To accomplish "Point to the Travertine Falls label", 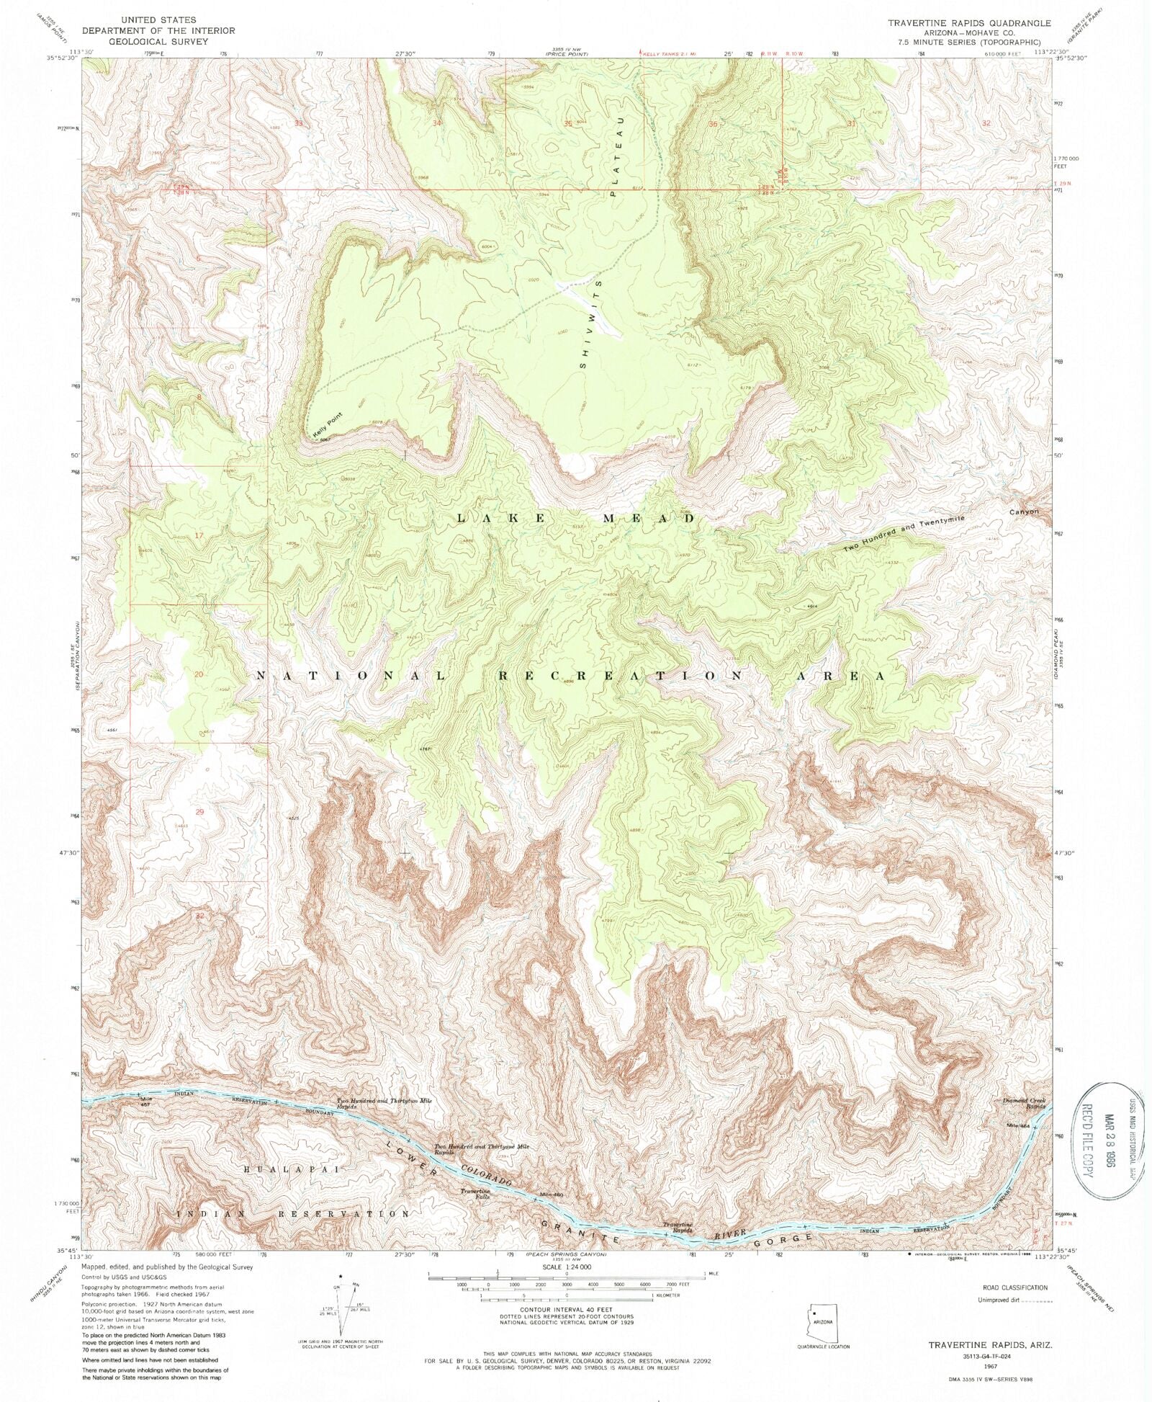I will pos(476,1194).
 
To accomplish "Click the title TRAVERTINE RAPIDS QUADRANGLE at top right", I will pos(968,23).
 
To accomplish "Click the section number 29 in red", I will pos(199,812).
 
